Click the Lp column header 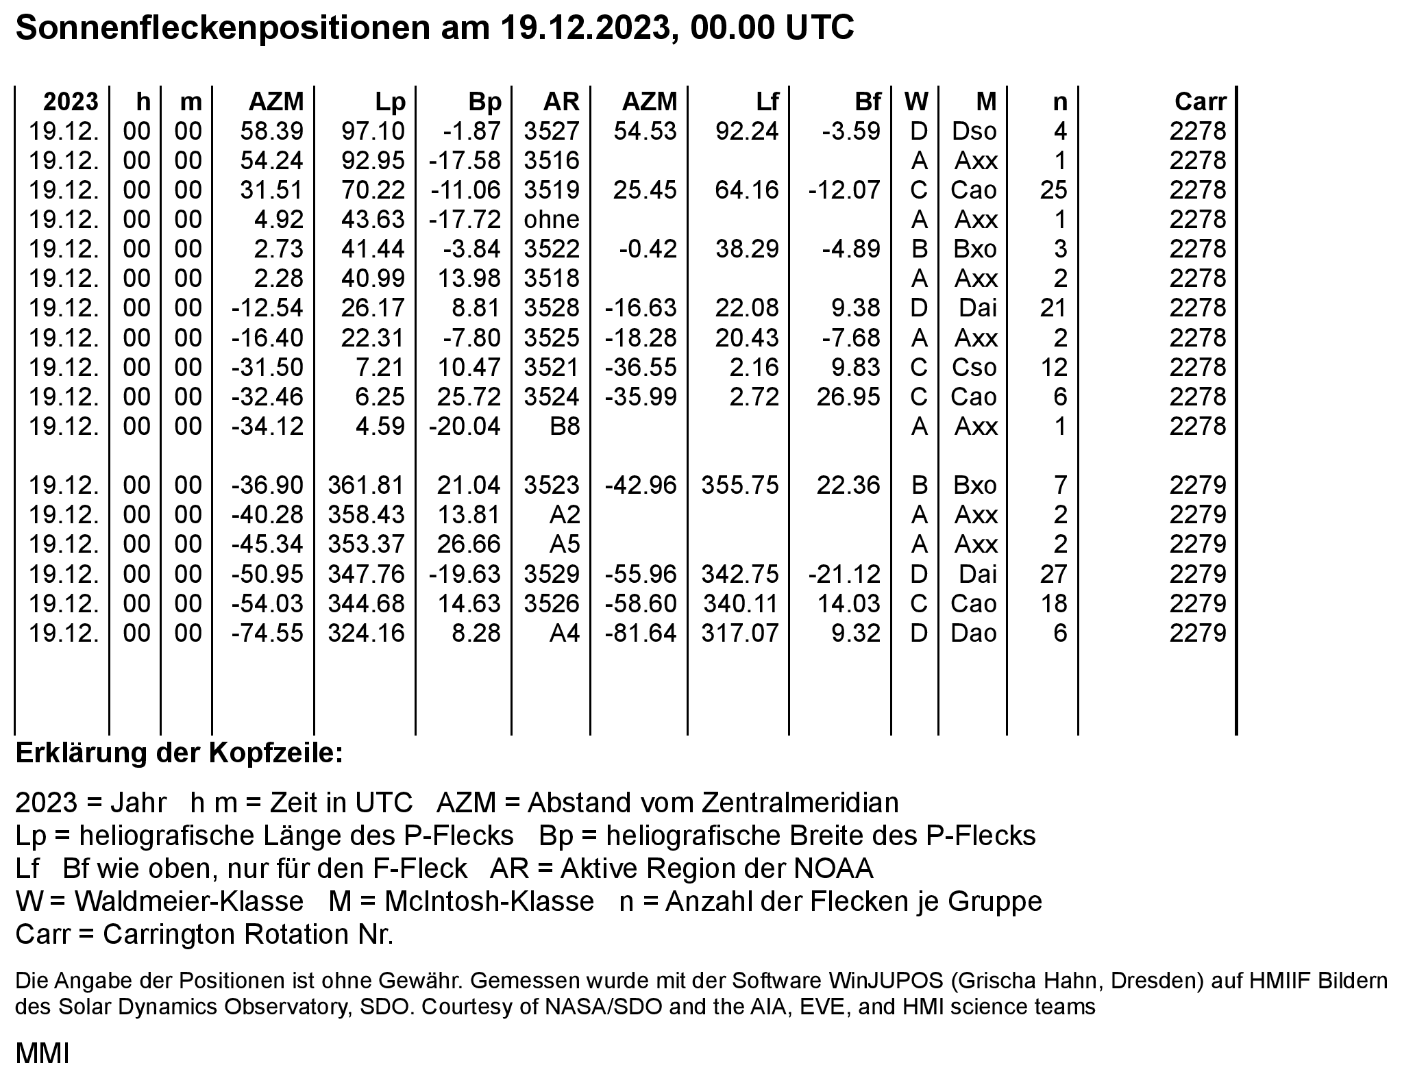pyautogui.click(x=390, y=101)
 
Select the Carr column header pyautogui.click(x=1200, y=101)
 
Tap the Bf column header pyautogui.click(x=867, y=101)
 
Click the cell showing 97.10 pyautogui.click(x=373, y=131)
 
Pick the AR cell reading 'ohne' pyautogui.click(x=552, y=219)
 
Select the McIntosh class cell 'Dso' pyautogui.click(x=974, y=131)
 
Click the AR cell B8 pyautogui.click(x=565, y=426)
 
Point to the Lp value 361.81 pyautogui.click(x=367, y=485)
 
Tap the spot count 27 pyautogui.click(x=1054, y=573)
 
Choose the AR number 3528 pyautogui.click(x=552, y=308)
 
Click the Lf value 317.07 pyautogui.click(x=740, y=632)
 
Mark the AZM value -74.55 pyautogui.click(x=267, y=632)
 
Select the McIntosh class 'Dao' pyautogui.click(x=974, y=632)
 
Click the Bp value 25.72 pyautogui.click(x=469, y=397)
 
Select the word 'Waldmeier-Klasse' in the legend pyautogui.click(x=189, y=901)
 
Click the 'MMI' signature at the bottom pyautogui.click(x=42, y=1053)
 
